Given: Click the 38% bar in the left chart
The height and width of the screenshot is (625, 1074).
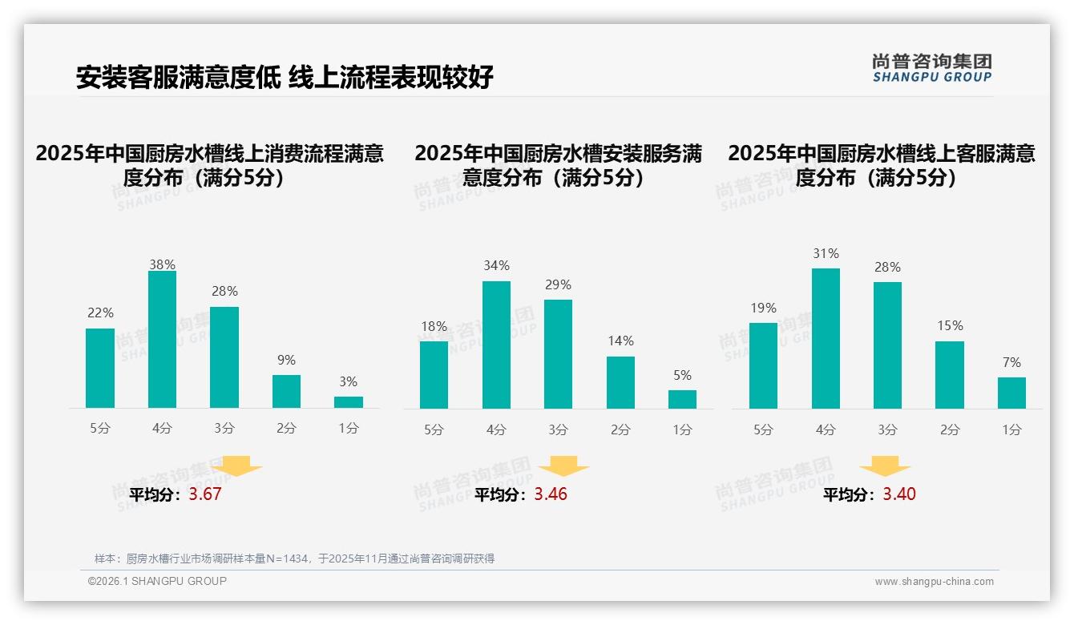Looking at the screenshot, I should click(x=162, y=340).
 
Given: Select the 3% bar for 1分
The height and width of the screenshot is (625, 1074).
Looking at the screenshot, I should click(x=348, y=402).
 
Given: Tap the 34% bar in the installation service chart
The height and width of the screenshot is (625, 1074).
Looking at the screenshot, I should click(x=496, y=345).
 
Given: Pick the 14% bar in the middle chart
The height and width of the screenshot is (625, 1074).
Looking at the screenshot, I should click(x=620, y=383).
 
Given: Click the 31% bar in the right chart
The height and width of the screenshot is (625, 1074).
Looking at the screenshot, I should click(x=826, y=338).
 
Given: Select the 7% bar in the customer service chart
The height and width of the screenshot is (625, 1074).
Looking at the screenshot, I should click(x=1011, y=393).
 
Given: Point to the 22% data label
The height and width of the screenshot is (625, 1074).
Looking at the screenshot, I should click(x=100, y=313).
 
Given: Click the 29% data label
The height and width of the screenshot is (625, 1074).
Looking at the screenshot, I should click(x=558, y=284).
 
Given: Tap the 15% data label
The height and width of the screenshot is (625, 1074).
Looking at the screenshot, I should click(x=950, y=326).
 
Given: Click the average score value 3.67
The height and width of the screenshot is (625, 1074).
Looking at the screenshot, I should click(x=204, y=494).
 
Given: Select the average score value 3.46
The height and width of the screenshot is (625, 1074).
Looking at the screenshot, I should click(x=551, y=494).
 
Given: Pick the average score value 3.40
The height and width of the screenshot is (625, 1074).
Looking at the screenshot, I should click(x=899, y=494).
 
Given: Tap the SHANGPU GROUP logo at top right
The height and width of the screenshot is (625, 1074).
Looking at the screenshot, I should click(x=931, y=69).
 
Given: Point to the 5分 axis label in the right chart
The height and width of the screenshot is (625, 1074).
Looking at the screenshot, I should click(x=763, y=430).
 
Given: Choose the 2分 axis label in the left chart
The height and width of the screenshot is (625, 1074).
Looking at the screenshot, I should click(x=286, y=429).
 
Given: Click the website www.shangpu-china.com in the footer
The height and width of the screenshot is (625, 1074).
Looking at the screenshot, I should click(x=934, y=582).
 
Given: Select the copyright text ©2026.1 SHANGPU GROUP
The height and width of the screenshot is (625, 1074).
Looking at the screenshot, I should click(x=157, y=581).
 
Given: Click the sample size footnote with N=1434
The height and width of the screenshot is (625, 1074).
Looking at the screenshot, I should click(x=294, y=558).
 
